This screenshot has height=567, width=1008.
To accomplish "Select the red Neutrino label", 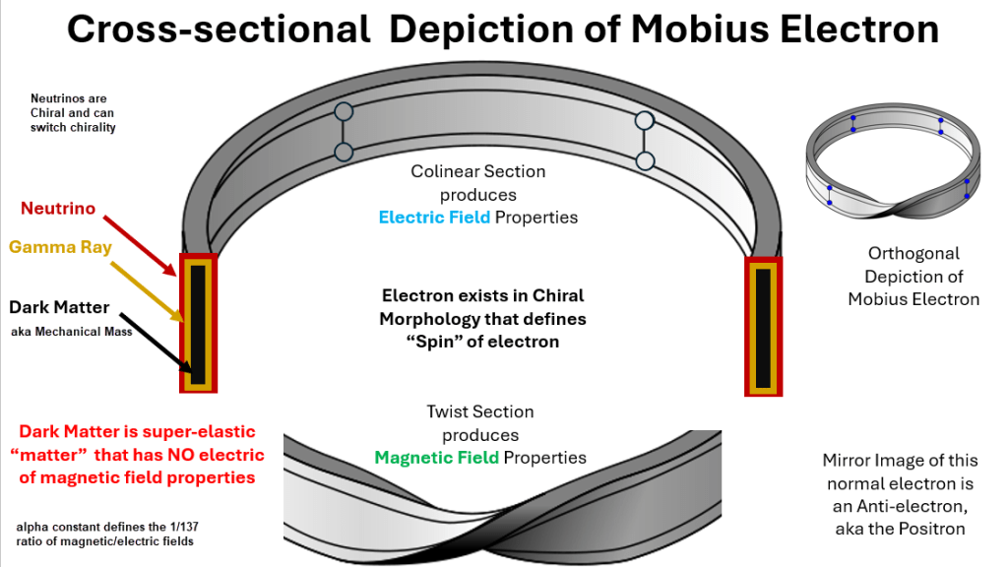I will click(58, 209).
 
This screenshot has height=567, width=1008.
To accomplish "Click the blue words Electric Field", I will click(434, 217).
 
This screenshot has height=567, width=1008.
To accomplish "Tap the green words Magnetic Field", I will click(436, 457).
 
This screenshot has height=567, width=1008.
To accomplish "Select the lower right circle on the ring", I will click(645, 160).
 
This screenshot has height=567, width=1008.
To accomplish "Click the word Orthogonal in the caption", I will click(913, 254).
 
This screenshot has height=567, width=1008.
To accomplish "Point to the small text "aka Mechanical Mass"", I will click(71, 332).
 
